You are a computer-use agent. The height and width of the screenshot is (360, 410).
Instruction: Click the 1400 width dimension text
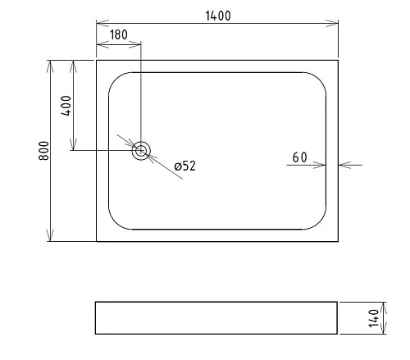click(x=217, y=15)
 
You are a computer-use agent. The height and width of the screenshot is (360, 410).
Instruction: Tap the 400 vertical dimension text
click(x=66, y=106)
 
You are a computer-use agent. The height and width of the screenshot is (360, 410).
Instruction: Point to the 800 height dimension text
click(x=44, y=151)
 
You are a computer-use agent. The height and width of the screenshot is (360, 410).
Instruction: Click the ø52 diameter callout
click(x=184, y=166)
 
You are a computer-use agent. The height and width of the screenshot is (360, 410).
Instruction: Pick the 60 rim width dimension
click(x=299, y=157)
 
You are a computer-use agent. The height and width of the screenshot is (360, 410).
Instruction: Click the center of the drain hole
click(x=141, y=150)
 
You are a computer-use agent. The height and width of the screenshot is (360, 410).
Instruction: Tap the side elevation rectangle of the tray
click(x=216, y=318)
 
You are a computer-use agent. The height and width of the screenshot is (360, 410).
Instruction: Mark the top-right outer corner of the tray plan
click(x=338, y=60)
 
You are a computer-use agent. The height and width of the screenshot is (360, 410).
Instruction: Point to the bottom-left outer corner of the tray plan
click(x=97, y=241)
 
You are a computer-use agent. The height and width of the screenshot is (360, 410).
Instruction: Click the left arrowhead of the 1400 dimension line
click(x=101, y=24)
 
